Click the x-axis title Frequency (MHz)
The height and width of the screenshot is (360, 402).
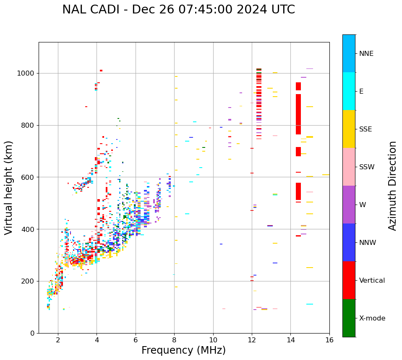coord(183,350)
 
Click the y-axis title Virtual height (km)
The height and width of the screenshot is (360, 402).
coord(9,187)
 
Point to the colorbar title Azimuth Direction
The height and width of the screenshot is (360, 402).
coord(392,186)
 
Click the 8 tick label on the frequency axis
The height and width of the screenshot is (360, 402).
coord(174,339)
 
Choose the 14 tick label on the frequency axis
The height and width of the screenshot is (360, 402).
coord(290,339)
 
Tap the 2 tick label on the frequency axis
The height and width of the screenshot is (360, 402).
coord(58,339)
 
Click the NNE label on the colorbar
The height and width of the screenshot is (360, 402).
coord(366,54)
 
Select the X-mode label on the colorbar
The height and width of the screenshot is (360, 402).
coord(372,318)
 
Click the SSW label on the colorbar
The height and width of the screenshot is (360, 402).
coord(367,167)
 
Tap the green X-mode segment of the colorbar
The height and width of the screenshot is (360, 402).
coord(349,318)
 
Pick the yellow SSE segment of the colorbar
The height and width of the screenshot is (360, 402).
coord(349,129)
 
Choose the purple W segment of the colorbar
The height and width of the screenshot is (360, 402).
coord(349,205)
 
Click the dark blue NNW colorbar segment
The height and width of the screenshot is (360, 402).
coord(349,242)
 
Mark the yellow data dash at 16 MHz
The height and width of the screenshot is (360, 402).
coord(326,174)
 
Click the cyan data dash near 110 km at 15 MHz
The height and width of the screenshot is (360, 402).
coord(310,304)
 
